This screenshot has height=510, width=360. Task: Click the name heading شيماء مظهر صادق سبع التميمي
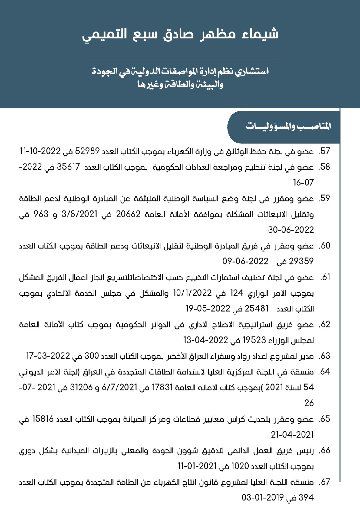pos(180,35)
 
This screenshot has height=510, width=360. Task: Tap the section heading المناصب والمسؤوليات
pos(288,126)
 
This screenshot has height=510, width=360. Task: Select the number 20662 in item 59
pos(128,214)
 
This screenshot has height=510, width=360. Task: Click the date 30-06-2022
pos(291,230)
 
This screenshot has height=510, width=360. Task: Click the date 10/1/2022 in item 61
pos(192,293)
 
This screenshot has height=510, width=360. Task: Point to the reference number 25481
pos(257,309)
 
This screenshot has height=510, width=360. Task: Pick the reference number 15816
pos(43,419)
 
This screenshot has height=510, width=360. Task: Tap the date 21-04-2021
pos(292,435)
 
